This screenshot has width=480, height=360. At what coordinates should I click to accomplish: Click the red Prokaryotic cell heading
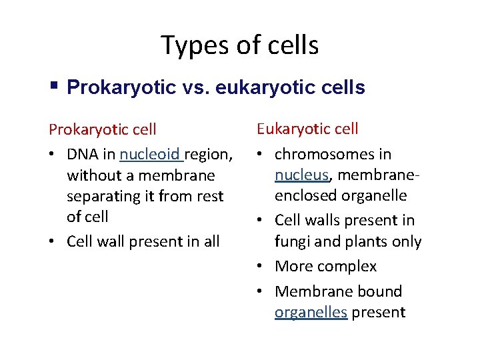[x=103, y=129]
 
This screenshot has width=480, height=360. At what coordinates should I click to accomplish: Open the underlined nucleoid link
[x=150, y=155]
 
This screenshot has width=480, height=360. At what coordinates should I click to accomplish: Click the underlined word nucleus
[x=301, y=175]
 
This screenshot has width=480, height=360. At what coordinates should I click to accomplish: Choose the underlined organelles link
[x=311, y=312]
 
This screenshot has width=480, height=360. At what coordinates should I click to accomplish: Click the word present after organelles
[x=379, y=312]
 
